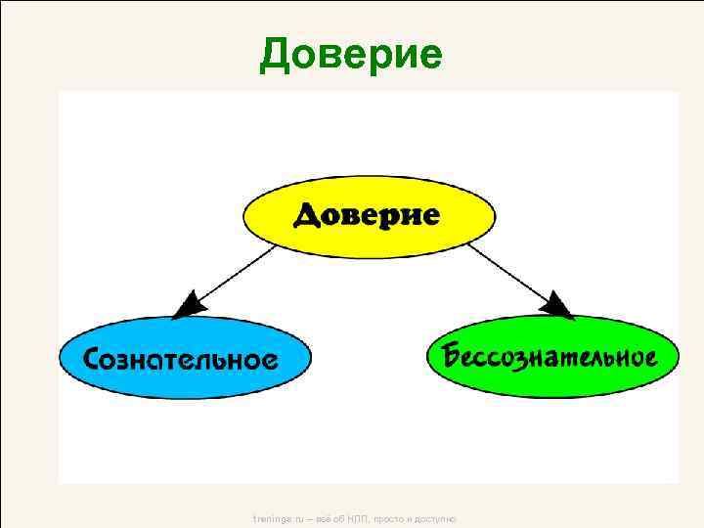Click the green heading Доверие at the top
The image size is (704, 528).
click(x=351, y=55)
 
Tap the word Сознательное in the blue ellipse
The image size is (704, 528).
click(x=180, y=358)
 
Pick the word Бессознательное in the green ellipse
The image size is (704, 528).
click(x=550, y=354)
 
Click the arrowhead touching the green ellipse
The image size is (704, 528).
click(x=558, y=305)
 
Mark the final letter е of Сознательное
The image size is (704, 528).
click(x=269, y=360)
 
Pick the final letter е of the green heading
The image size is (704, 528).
click(x=429, y=58)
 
